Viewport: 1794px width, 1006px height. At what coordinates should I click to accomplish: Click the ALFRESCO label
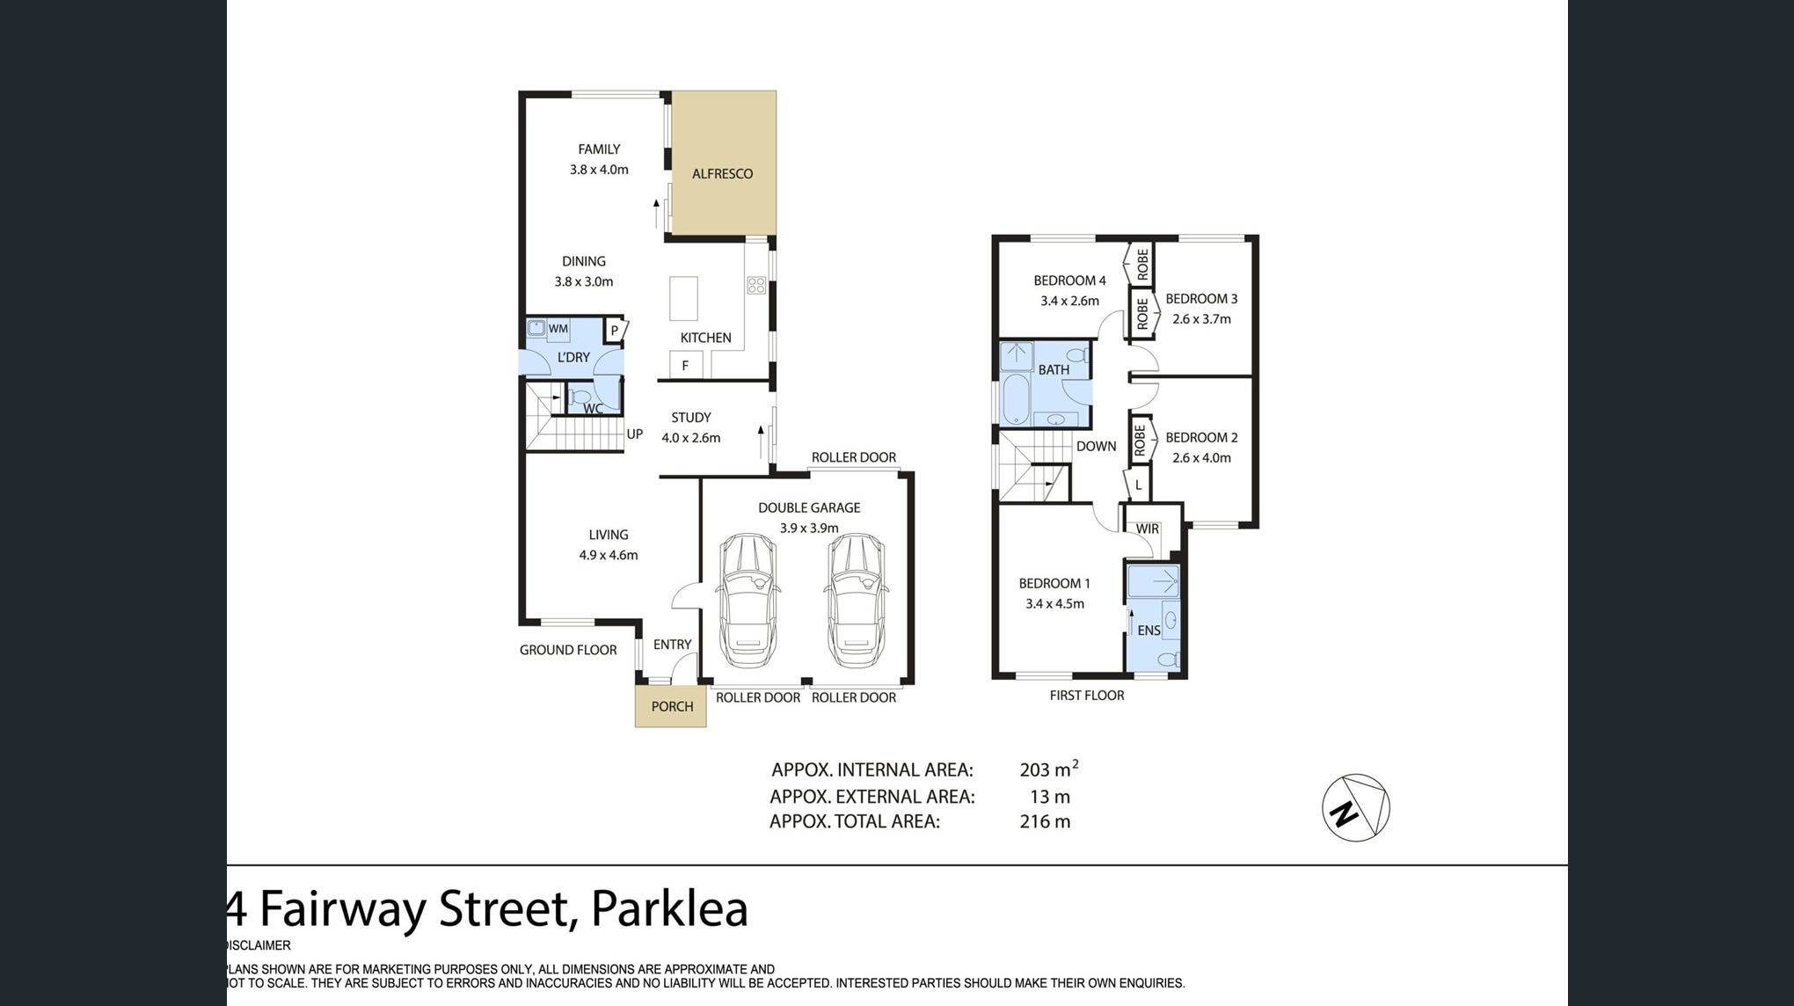pos(722,174)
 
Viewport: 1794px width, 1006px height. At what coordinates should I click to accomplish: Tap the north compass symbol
pos(1356,807)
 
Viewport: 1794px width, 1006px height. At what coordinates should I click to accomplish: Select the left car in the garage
pos(747,601)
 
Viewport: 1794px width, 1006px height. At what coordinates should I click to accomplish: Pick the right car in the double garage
pos(856,601)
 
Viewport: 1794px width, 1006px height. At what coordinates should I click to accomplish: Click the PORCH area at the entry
pos(671,707)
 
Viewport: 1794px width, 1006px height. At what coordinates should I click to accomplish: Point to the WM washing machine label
pos(558,329)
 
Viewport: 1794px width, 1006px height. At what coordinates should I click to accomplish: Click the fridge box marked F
pos(685,365)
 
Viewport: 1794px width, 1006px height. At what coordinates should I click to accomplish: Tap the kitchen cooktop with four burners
pos(756,285)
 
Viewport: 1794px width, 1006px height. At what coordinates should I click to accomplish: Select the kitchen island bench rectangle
pos(683,299)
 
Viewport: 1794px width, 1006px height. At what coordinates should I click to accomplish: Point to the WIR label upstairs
pos(1148,529)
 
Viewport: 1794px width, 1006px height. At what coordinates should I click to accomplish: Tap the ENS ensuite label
pos(1149,631)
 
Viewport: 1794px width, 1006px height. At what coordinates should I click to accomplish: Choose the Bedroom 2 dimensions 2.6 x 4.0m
pos(1201,458)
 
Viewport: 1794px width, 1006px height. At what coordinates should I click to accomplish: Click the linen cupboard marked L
pos(1138,485)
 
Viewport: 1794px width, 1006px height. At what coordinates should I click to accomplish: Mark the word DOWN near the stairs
pos(1096,447)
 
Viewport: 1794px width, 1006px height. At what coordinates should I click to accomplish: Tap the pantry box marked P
pos(615,331)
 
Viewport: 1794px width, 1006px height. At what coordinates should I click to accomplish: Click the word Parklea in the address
pos(669,909)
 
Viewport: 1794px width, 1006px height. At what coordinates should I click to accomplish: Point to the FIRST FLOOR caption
pos(1086,696)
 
